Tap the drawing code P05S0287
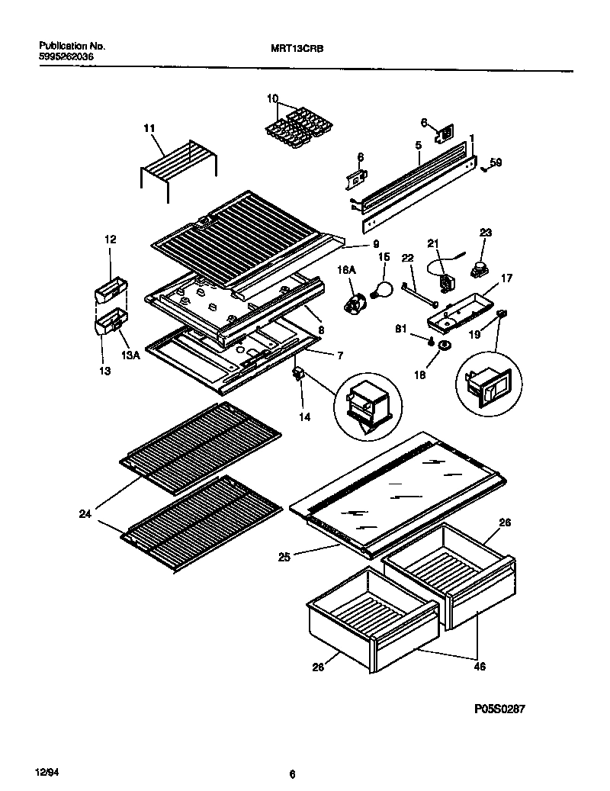[500, 709]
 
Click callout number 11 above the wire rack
[148, 127]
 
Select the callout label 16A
[347, 270]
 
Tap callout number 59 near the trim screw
[496, 162]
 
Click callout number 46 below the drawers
[480, 666]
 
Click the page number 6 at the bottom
[292, 773]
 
